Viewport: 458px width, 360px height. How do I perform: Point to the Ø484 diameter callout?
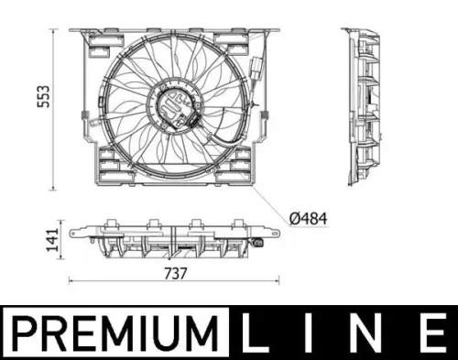pos(308,219)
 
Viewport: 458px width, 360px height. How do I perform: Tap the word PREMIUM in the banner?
pos(114,333)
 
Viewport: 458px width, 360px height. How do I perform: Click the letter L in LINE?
pos(256,333)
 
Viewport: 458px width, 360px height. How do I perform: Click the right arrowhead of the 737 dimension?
pos(278,280)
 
